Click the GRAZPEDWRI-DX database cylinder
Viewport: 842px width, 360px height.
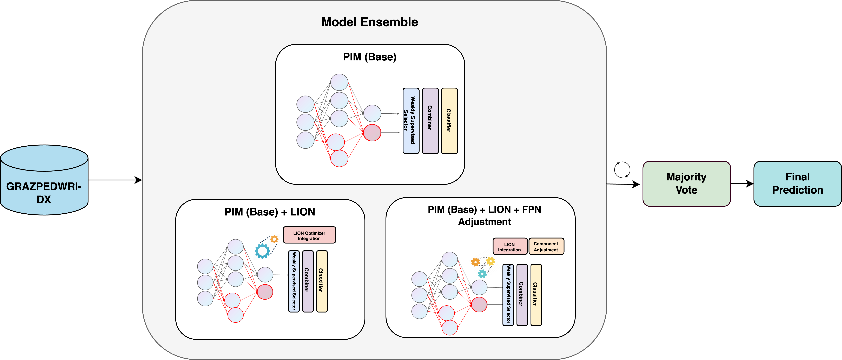pyautogui.click(x=44, y=180)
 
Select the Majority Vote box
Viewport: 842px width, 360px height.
pyautogui.click(x=686, y=184)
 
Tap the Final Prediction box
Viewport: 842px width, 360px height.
pyautogui.click(x=798, y=184)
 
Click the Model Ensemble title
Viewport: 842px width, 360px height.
pyautogui.click(x=370, y=22)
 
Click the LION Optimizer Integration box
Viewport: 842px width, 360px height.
pyautogui.click(x=309, y=235)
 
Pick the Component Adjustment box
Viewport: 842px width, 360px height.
pyautogui.click(x=546, y=246)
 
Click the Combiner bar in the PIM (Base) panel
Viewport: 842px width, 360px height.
pyautogui.click(x=430, y=121)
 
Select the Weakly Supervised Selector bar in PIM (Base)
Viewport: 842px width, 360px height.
pyautogui.click(x=411, y=121)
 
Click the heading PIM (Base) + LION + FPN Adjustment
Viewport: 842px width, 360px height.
pyautogui.click(x=484, y=216)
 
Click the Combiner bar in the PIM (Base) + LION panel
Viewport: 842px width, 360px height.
pyautogui.click(x=308, y=281)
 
